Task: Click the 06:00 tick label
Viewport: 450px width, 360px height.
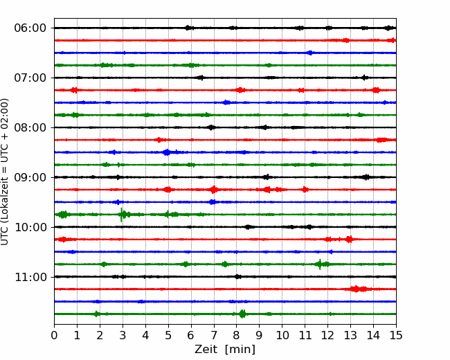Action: click(30, 28)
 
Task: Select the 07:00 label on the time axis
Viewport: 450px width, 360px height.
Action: click(30, 78)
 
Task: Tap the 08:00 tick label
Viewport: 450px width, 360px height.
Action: click(30, 127)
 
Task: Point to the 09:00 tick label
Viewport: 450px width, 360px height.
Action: click(30, 177)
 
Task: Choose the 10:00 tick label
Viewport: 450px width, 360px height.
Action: click(30, 227)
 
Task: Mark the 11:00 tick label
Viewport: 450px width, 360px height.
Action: click(30, 277)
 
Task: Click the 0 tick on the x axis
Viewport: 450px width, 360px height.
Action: click(54, 335)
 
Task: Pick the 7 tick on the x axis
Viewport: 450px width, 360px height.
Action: click(214, 335)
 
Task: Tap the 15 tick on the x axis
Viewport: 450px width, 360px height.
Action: click(396, 335)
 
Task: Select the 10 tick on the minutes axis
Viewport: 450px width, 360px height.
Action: click(282, 335)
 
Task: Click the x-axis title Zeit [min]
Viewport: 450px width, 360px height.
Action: click(225, 350)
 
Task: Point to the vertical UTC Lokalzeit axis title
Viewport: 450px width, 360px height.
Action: click(5, 172)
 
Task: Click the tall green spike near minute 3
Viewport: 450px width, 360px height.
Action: click(122, 215)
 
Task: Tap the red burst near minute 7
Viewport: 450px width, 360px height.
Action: click(213, 190)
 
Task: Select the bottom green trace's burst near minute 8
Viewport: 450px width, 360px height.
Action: click(242, 314)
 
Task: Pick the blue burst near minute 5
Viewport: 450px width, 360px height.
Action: click(166, 152)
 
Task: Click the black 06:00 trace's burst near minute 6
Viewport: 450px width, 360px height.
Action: click(188, 28)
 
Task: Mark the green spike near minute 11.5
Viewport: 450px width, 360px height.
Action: click(320, 264)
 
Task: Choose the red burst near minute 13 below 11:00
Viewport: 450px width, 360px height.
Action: click(356, 289)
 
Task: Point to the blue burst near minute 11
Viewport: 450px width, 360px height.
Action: click(310, 53)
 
